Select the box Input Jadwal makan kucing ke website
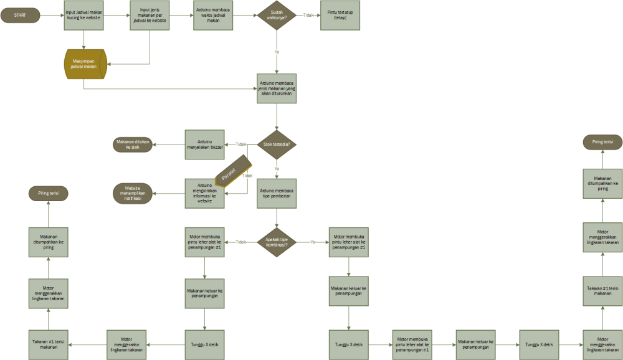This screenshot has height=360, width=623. point(84,15)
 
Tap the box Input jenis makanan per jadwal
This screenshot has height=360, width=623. point(150,15)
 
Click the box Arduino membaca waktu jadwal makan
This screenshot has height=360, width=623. point(214,15)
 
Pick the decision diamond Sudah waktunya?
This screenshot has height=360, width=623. point(277,15)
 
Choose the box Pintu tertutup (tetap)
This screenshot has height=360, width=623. point(340,15)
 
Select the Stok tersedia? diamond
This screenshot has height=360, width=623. point(277,144)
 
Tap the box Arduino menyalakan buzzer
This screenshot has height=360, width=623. point(204,145)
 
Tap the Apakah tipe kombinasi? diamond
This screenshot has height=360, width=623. point(277,242)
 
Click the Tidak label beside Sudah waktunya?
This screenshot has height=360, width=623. point(308,15)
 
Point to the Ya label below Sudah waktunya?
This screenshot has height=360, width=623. point(277,52)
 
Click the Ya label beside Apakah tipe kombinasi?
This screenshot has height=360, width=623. point(312,242)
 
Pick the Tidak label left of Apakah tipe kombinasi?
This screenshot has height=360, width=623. point(241,242)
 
